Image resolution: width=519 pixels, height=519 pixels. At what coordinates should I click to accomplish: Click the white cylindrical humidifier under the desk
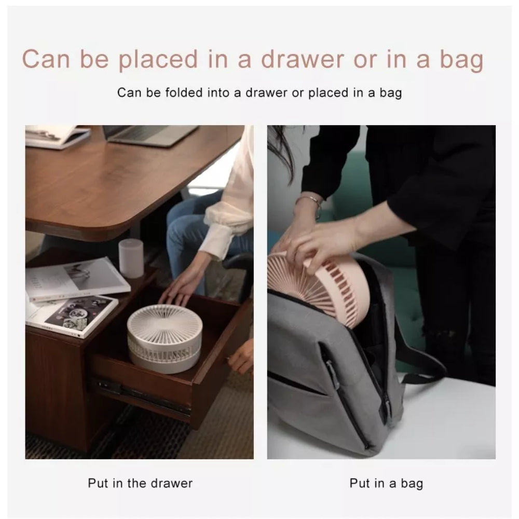[131, 258]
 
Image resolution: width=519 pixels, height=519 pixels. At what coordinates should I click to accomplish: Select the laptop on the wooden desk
[151, 134]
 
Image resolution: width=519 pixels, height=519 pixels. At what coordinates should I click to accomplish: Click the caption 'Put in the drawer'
[140, 483]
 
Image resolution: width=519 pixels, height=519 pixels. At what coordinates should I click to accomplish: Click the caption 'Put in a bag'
[386, 484]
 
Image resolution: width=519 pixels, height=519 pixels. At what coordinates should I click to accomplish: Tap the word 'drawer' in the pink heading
[302, 60]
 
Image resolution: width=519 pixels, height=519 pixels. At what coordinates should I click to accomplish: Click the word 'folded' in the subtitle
[184, 92]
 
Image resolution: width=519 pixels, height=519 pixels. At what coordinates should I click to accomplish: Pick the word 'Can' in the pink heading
[46, 60]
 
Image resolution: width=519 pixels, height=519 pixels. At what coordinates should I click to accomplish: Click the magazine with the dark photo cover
[73, 316]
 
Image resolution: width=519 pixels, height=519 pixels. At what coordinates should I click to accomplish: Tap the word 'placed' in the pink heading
[158, 61]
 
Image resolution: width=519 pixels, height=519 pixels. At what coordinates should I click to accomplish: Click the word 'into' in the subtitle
[218, 92]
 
